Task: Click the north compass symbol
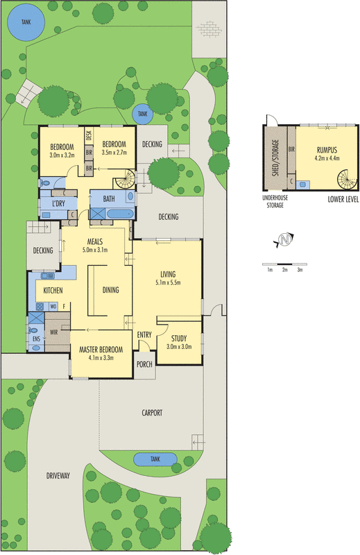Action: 284,241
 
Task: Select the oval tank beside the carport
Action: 153,459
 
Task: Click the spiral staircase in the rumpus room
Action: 348,180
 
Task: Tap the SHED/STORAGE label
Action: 275,159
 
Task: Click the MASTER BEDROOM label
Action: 100,350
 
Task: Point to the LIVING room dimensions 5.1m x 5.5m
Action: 166,283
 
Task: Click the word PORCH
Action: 144,364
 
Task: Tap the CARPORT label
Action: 152,413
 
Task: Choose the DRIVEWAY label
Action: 58,476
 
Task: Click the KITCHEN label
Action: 54,291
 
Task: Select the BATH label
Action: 109,199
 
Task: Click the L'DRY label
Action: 58,203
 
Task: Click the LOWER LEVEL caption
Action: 341,199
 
